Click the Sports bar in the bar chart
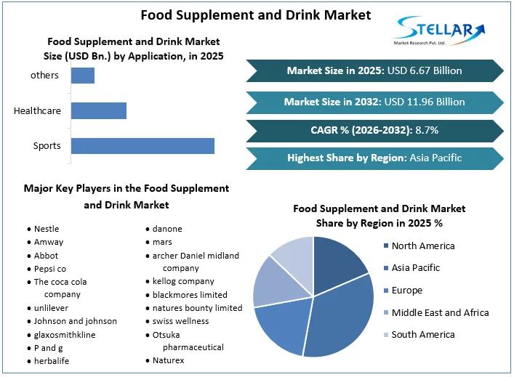pyautogui.click(x=142, y=146)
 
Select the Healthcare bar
pyautogui.click(x=98, y=111)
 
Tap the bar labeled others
pyautogui.click(x=82, y=76)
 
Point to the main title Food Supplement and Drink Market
pyautogui.click(x=255, y=15)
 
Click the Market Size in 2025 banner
pyautogui.click(x=374, y=70)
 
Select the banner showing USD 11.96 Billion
pyautogui.click(x=374, y=102)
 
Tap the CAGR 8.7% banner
pyautogui.click(x=374, y=130)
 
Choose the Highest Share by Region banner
pyautogui.click(x=374, y=158)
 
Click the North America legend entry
pyautogui.click(x=422, y=246)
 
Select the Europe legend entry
pyautogui.click(x=406, y=291)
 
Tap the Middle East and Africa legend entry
pyautogui.click(x=439, y=312)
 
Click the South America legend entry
pyautogui.click(x=422, y=335)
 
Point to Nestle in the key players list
pyautogui.click(x=47, y=229)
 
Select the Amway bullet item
pyautogui.click(x=49, y=242)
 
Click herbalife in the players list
pyautogui.click(x=53, y=361)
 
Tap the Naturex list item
pyautogui.click(x=168, y=360)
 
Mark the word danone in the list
pyautogui.click(x=167, y=229)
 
